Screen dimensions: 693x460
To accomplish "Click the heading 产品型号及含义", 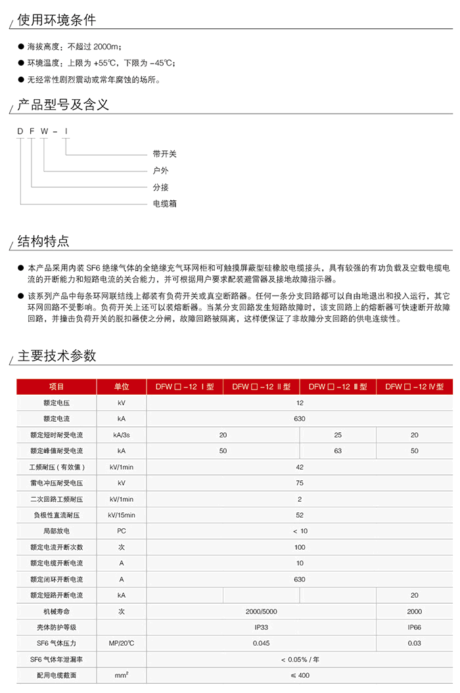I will point(63,104).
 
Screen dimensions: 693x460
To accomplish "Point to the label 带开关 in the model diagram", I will point(165,154).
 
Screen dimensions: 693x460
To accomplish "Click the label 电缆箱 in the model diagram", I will point(165,204).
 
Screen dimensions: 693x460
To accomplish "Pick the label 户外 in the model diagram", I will point(161,171).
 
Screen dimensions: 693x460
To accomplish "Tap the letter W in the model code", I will point(44,132).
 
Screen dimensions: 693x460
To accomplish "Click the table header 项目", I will point(57,387).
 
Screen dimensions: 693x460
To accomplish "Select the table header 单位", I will point(122,387).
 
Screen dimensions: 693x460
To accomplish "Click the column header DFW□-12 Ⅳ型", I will point(415,387).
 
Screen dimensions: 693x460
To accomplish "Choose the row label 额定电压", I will point(57,403).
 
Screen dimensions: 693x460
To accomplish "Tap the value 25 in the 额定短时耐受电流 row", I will point(338,435).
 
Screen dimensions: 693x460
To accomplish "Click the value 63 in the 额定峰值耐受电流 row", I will point(338,451).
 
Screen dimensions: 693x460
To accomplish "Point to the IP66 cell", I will point(415,627).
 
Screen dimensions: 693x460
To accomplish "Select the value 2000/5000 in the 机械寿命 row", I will point(262,612).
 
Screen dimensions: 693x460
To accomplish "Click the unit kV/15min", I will point(122,515).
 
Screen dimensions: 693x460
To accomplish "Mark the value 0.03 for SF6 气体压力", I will point(415,643).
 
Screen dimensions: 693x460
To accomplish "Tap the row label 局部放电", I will point(57,531).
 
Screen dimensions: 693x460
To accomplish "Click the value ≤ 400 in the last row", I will point(300,675).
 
